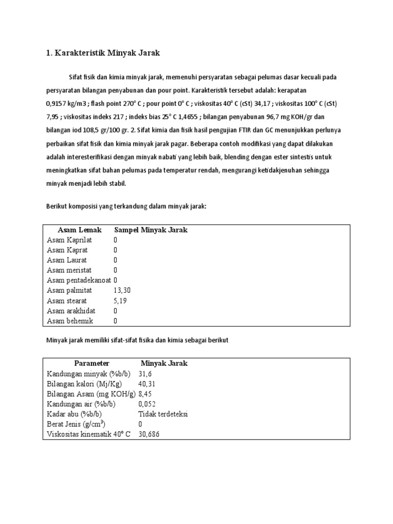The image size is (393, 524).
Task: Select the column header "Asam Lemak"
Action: pos(79,230)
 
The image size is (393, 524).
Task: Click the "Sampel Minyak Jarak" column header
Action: pos(150,230)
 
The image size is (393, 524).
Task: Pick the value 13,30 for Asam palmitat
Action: pos(123,291)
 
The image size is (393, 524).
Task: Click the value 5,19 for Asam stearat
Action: pos(120,301)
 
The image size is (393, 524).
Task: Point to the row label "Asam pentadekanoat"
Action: pos(79,280)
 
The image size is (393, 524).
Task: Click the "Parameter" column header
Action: pos(92,363)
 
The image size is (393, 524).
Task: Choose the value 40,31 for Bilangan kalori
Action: pos(147,384)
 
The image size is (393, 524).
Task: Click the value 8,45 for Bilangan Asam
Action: pos(145,394)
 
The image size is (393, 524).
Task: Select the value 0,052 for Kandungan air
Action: pos(147,404)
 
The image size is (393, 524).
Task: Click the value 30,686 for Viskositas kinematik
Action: pos(149,434)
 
